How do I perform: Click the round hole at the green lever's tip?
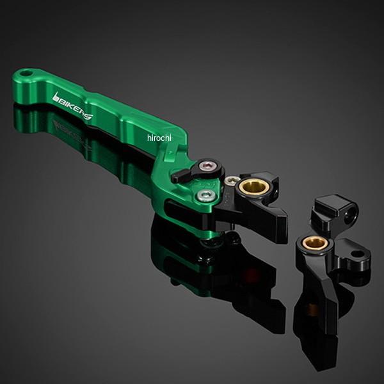coord(27,73)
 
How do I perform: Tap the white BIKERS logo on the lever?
coord(73,106)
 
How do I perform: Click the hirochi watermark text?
coord(159,138)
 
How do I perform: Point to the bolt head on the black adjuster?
coord(209,166)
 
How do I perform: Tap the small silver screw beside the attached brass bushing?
coord(231,180)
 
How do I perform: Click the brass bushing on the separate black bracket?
coord(314,243)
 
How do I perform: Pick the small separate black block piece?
coord(335,212)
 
